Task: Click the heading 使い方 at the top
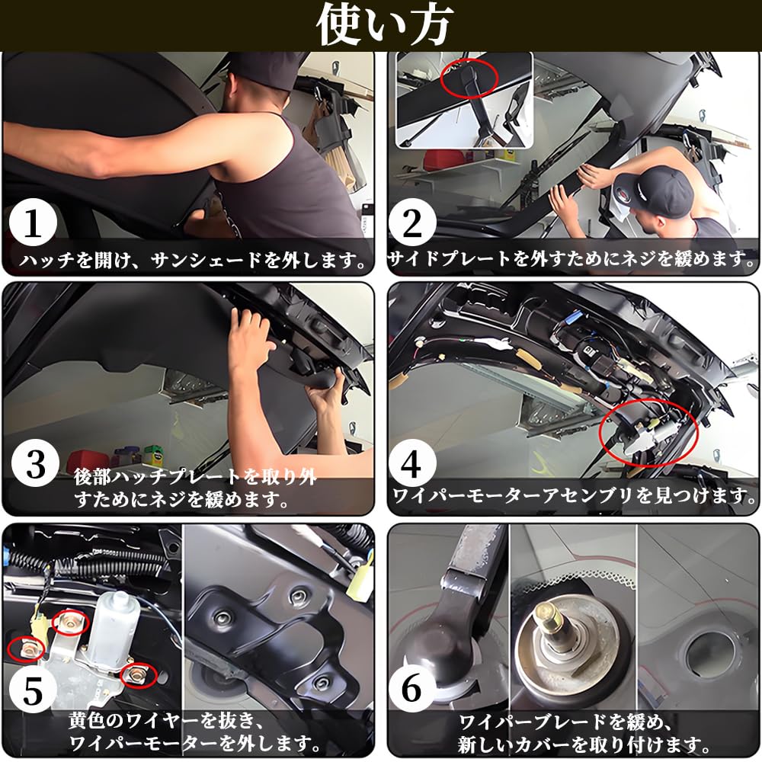pyautogui.click(x=383, y=25)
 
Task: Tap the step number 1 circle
pyautogui.click(x=33, y=223)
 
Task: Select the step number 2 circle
pyautogui.click(x=412, y=223)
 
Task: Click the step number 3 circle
pyautogui.click(x=35, y=463)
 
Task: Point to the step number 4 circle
pyautogui.click(x=412, y=463)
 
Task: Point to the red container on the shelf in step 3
pyautogui.click(x=88, y=462)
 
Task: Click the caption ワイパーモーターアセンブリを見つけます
pyautogui.click(x=574, y=496)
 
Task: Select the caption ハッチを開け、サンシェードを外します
pyautogui.click(x=193, y=261)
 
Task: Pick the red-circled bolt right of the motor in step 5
pyautogui.click(x=139, y=674)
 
